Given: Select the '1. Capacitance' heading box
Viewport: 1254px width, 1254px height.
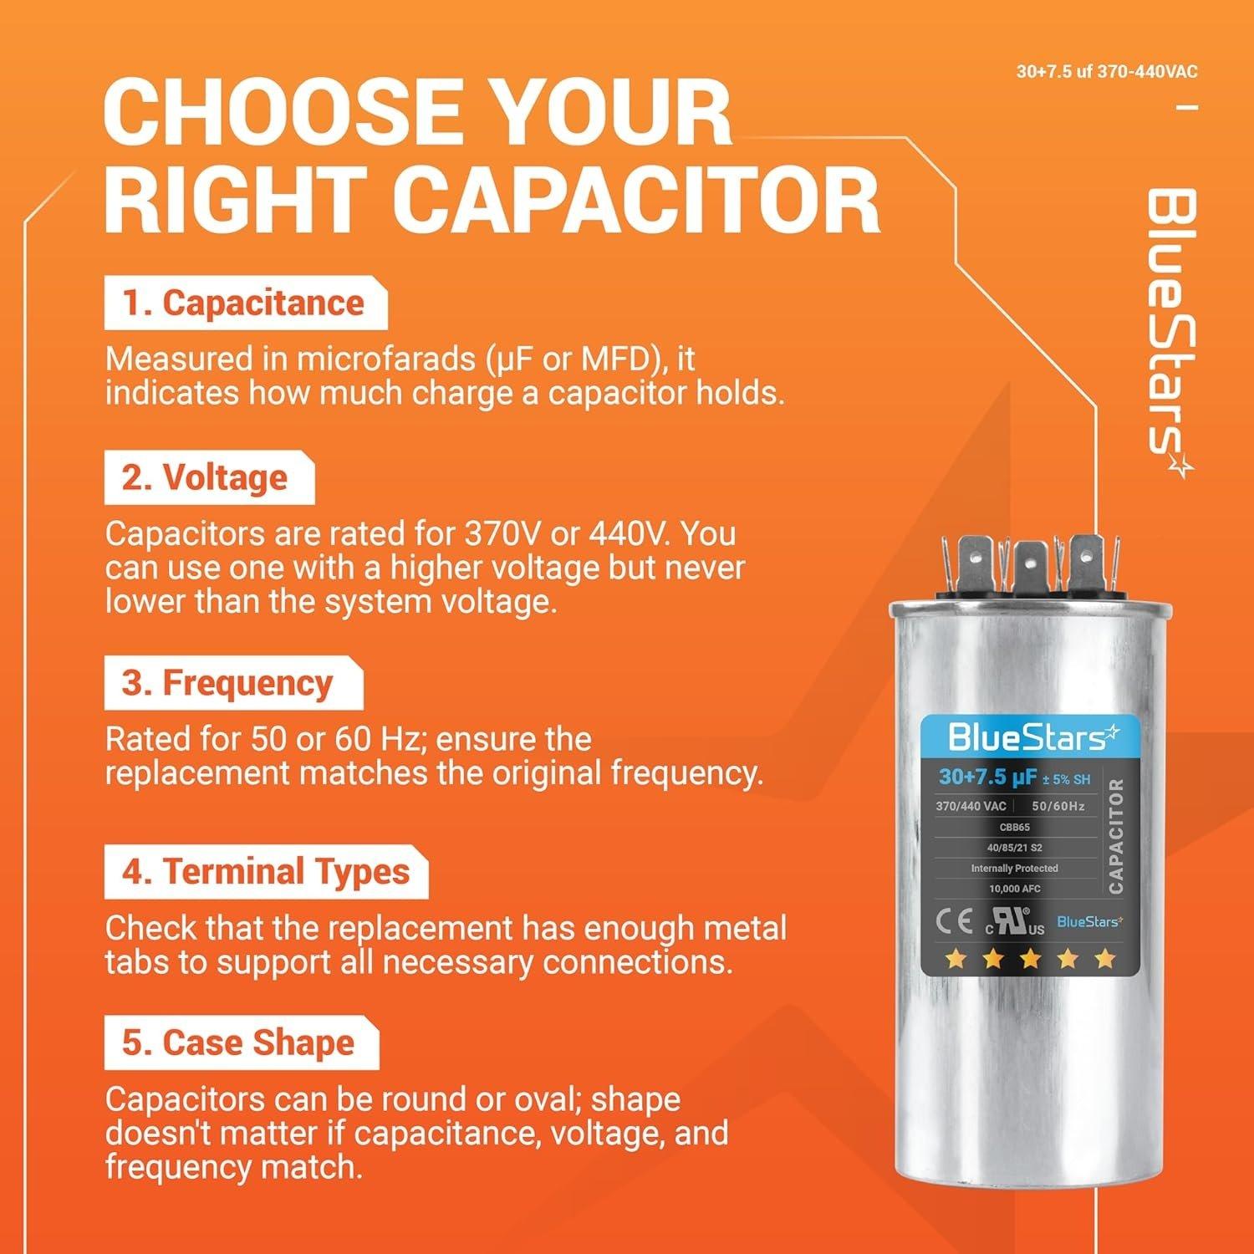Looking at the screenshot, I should click(244, 303).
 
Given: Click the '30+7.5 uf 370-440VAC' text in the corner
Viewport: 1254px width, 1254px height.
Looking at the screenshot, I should click(1106, 72).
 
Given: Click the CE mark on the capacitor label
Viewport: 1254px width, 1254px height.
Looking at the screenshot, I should click(954, 922).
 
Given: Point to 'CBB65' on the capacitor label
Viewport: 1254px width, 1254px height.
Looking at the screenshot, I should click(1014, 827).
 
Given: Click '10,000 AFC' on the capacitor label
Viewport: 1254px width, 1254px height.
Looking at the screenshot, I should click(1014, 889).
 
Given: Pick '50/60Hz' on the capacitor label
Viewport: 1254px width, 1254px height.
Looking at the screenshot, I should click(1058, 806).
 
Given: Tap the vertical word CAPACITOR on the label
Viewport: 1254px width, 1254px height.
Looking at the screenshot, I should click(1115, 835).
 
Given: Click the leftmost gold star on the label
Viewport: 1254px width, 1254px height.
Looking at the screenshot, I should click(956, 958).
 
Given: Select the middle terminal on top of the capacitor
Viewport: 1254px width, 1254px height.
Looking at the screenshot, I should click(1027, 566).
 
